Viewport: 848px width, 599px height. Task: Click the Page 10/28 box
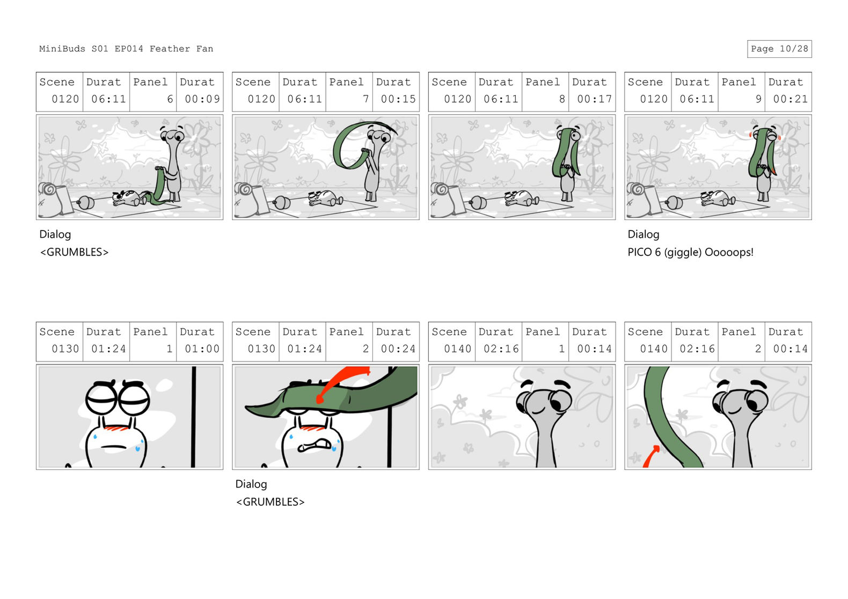click(x=779, y=49)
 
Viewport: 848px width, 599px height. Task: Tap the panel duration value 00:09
click(x=202, y=99)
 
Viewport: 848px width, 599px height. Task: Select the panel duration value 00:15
click(x=398, y=99)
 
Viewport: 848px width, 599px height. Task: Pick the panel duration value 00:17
click(x=594, y=99)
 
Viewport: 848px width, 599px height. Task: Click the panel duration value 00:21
click(x=791, y=99)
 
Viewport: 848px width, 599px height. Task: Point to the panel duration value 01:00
click(x=202, y=349)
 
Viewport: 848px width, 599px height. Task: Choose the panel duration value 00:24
click(x=398, y=349)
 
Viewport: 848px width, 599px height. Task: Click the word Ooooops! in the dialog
click(x=729, y=252)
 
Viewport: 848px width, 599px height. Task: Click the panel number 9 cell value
click(x=758, y=99)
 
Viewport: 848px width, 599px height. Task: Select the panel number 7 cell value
click(x=365, y=99)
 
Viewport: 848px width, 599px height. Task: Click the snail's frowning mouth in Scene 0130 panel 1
click(x=114, y=447)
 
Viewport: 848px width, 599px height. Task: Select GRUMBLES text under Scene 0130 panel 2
click(x=271, y=502)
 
